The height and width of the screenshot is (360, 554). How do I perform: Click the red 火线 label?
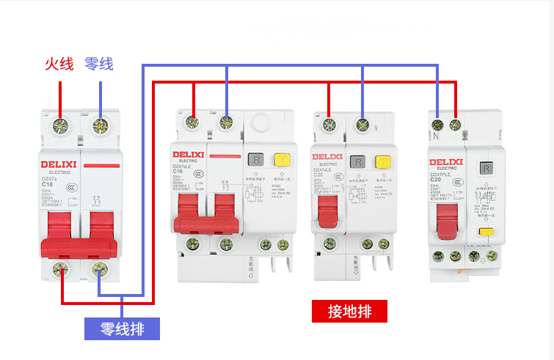(59, 64)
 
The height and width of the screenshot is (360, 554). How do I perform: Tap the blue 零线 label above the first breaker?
(99, 64)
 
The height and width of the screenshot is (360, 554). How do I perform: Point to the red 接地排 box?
(349, 312)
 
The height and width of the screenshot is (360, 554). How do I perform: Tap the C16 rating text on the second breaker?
(178, 171)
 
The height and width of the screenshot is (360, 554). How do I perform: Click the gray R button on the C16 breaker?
(256, 159)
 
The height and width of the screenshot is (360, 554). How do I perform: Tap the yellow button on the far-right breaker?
(484, 232)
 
